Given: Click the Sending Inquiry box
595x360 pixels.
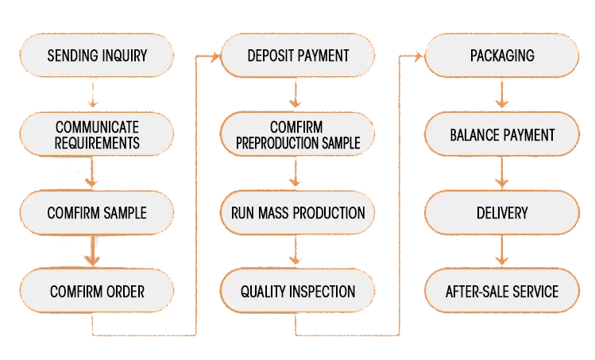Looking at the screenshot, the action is click(x=97, y=56).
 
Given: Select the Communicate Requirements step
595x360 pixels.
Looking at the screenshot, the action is click(x=97, y=134).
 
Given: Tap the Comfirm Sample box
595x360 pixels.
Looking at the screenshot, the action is click(x=97, y=213).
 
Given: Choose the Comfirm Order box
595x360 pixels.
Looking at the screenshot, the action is click(x=97, y=291).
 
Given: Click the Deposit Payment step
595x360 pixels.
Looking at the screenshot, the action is click(x=297, y=56).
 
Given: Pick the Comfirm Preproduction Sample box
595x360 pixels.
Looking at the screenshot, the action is click(x=297, y=134).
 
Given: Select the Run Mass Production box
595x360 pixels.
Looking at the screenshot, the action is click(x=297, y=213).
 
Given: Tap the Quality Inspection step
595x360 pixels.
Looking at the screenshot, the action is click(x=297, y=291).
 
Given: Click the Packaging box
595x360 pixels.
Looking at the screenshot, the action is click(x=501, y=56).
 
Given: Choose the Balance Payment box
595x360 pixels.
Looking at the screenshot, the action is click(x=501, y=134).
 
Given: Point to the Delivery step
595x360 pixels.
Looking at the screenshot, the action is click(x=501, y=213).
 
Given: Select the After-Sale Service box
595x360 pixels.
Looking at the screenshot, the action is click(x=501, y=291).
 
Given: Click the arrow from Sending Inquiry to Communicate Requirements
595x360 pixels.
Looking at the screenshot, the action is click(x=93, y=95).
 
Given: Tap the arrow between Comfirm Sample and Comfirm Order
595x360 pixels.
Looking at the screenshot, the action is click(x=92, y=250).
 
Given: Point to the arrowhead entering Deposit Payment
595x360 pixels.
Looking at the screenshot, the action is click(x=215, y=57).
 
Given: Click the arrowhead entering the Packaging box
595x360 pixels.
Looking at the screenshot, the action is click(x=419, y=57).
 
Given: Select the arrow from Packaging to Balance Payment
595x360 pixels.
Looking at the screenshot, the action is click(x=501, y=95).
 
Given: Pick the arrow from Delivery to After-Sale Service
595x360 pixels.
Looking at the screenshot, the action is click(x=501, y=250).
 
